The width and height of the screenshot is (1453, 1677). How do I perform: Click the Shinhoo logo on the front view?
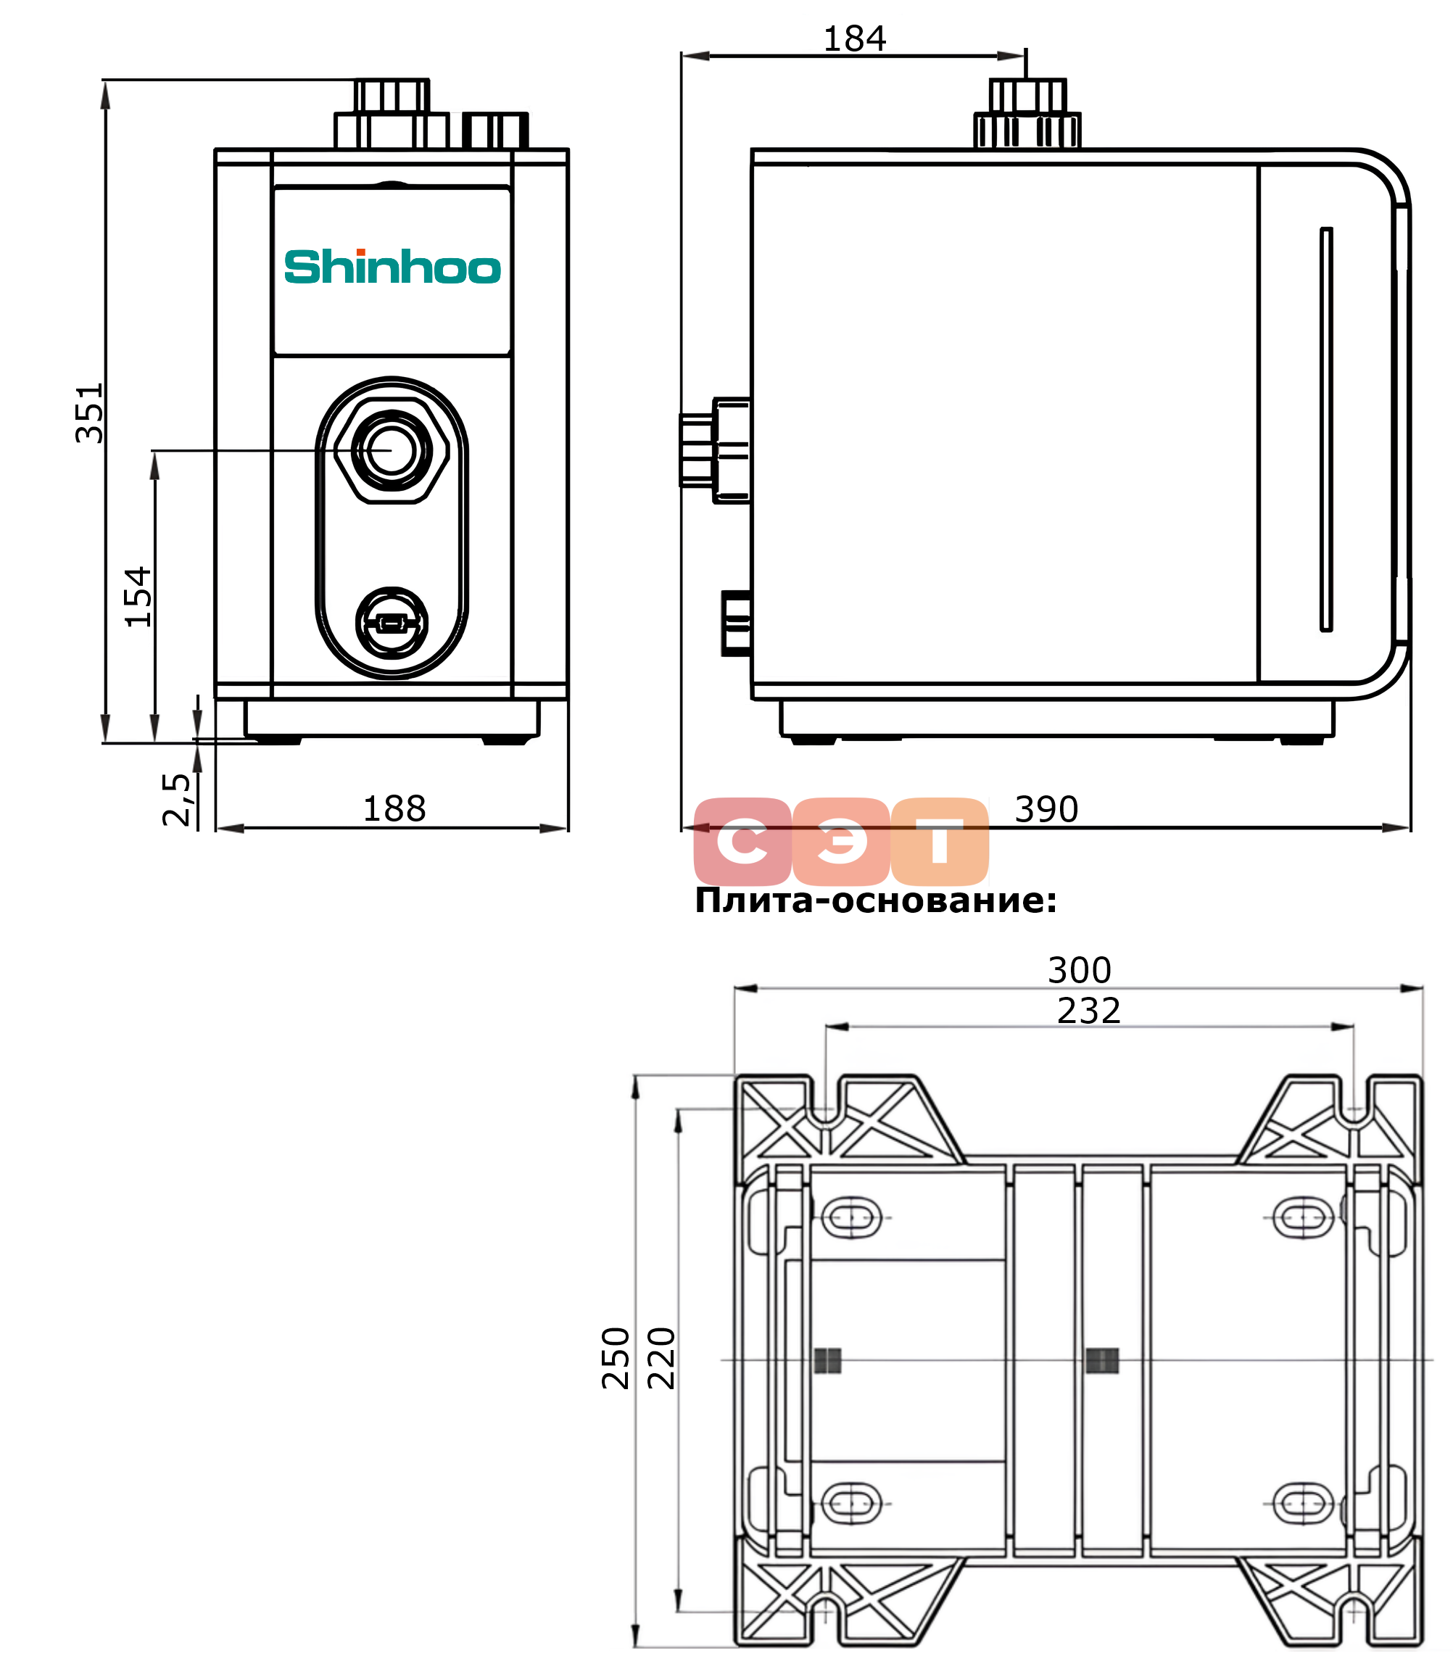pyautogui.click(x=392, y=267)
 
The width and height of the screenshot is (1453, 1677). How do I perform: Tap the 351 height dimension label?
pyautogui.click(x=89, y=413)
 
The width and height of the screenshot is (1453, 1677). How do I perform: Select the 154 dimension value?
pyautogui.click(x=138, y=597)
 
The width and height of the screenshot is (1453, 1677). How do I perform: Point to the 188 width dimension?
pyautogui.click(x=394, y=808)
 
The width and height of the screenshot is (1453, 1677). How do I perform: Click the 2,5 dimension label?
pyautogui.click(x=177, y=799)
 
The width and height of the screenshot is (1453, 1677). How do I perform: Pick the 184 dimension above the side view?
pyautogui.click(x=855, y=38)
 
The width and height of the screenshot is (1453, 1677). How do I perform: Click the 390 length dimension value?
pyautogui.click(x=1047, y=809)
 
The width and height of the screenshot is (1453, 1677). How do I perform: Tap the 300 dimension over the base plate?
pyautogui.click(x=1079, y=970)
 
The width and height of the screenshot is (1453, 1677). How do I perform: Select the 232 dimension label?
pyautogui.click(x=1089, y=1011)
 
